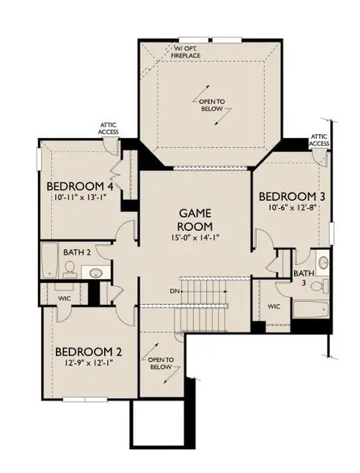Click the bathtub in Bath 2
coord(50,261)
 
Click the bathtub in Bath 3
coord(313,307)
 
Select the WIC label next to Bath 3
coord(273,306)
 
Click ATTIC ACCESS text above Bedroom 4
coord(109,128)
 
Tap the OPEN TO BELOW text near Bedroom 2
coord(160,363)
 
